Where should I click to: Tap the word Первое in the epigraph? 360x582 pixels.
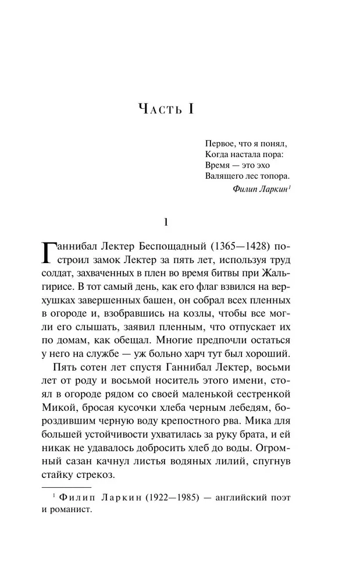[219, 143]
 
